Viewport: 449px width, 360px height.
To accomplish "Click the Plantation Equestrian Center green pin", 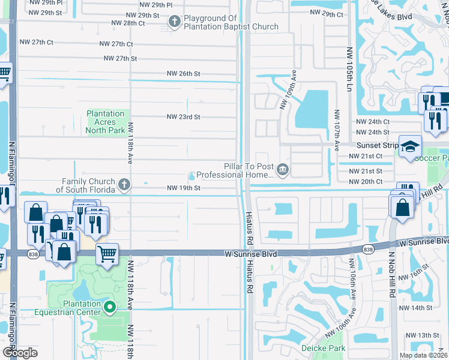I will (x=110, y=308).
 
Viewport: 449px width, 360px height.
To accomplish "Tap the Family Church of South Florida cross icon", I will (x=124, y=184).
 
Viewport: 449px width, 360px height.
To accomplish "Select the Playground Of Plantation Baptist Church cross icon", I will (x=175, y=22).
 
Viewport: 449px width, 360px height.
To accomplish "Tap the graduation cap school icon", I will (x=411, y=147).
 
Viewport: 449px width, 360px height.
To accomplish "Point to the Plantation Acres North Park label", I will (x=105, y=122).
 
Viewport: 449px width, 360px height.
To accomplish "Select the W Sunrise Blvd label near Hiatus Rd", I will (x=251, y=254).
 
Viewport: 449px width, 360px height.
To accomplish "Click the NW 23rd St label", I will (x=183, y=117).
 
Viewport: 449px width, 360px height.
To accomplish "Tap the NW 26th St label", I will (x=183, y=74).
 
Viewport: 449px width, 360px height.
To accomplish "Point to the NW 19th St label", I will (x=183, y=188).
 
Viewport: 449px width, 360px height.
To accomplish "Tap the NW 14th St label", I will (x=418, y=308).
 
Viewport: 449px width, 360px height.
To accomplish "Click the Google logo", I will (x=19, y=353).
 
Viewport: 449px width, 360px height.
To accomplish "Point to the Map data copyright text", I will (x=423, y=355).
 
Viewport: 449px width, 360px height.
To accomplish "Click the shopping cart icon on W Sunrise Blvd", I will (x=107, y=254).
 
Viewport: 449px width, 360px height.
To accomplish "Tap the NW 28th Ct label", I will (x=128, y=23).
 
